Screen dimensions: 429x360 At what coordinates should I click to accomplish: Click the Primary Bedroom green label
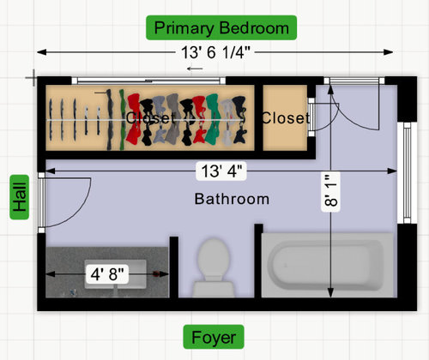click(x=221, y=27)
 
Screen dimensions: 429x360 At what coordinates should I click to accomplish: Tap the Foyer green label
click(x=214, y=337)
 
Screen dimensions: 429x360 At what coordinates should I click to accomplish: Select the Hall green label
click(x=20, y=197)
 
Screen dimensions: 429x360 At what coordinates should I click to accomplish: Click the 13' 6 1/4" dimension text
click(x=215, y=52)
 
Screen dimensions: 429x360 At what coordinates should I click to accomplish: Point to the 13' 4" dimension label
click(x=221, y=171)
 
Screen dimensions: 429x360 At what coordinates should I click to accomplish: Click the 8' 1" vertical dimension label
click(x=331, y=192)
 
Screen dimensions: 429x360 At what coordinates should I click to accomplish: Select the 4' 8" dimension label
click(x=107, y=274)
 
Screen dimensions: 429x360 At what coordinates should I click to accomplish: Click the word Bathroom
click(x=232, y=199)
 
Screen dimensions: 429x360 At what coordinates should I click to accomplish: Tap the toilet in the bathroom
click(x=214, y=268)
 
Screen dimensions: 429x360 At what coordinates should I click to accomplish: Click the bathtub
click(x=329, y=265)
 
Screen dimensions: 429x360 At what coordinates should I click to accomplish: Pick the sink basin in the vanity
click(x=115, y=273)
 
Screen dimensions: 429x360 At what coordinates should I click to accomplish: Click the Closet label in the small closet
click(x=285, y=118)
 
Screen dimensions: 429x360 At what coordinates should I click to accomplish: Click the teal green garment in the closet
click(x=213, y=119)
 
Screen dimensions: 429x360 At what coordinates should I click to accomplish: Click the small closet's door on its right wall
click(x=311, y=117)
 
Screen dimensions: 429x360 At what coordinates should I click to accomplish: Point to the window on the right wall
click(x=407, y=172)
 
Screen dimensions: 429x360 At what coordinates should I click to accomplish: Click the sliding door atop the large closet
click(x=148, y=81)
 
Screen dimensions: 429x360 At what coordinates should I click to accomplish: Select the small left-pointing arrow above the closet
click(x=195, y=69)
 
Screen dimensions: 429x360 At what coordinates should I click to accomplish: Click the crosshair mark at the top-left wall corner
click(x=34, y=77)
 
